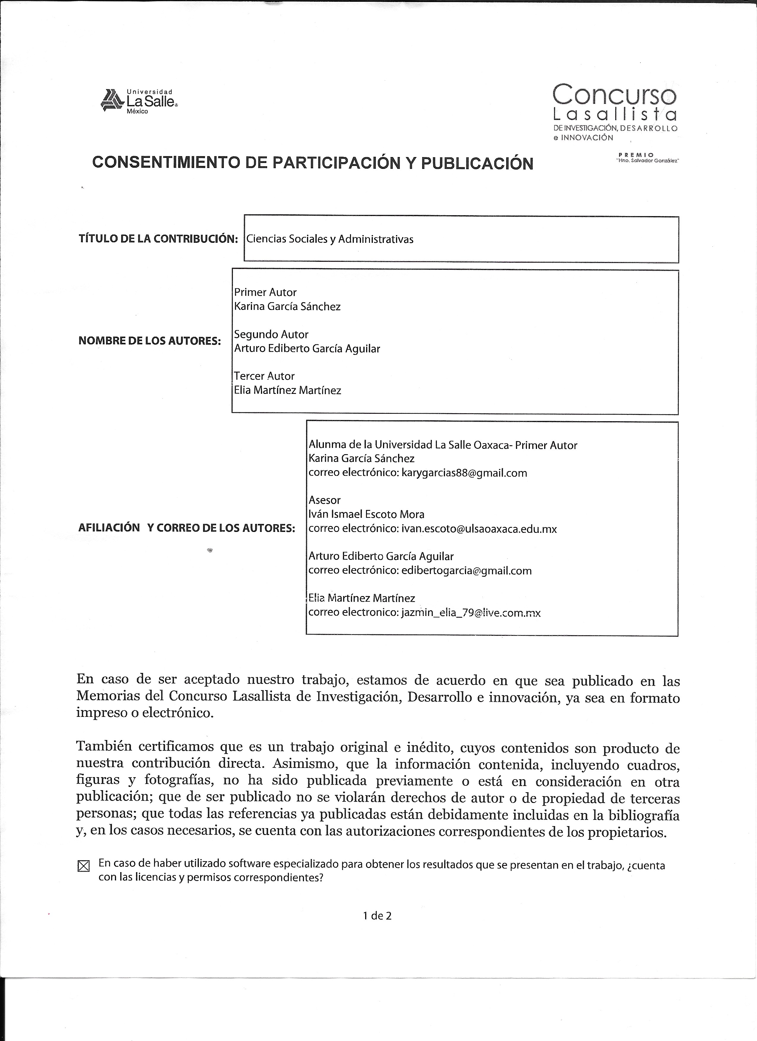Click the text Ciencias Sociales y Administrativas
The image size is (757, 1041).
click(330, 239)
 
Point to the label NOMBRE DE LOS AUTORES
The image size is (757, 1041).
click(150, 341)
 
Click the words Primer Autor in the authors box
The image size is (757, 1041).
click(265, 292)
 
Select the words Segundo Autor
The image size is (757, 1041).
click(271, 334)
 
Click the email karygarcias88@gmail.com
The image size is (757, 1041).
click(464, 473)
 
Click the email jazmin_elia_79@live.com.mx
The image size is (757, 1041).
click(471, 612)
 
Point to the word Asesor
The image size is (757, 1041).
click(324, 500)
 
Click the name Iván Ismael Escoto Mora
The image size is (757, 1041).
click(366, 514)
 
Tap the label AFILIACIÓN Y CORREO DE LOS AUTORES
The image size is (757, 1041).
click(186, 528)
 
